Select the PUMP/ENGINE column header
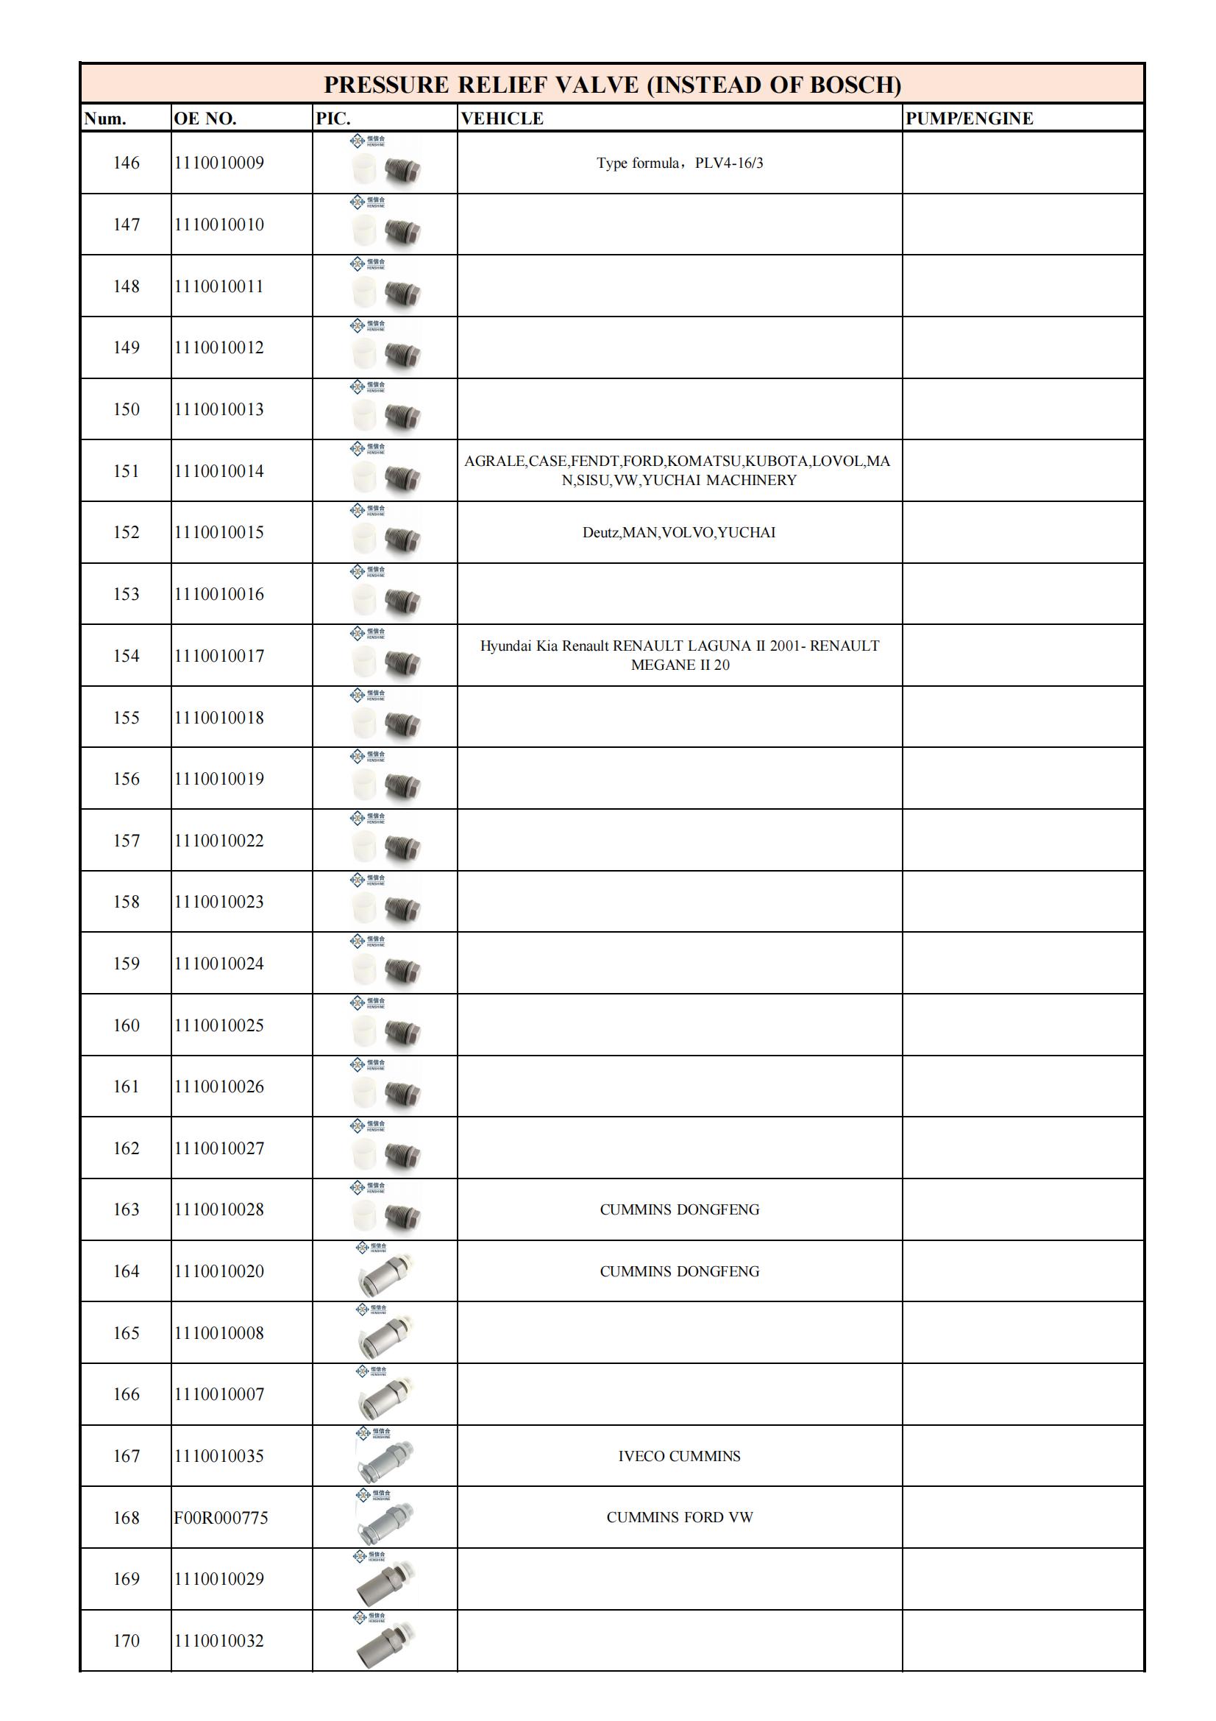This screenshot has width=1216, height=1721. click(969, 119)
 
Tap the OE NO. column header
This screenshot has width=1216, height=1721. click(205, 119)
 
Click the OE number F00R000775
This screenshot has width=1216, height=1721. click(221, 1518)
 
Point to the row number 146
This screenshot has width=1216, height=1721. click(126, 163)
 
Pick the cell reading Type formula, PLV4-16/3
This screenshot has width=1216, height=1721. click(680, 163)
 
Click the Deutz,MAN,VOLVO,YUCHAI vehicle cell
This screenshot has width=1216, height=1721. click(679, 533)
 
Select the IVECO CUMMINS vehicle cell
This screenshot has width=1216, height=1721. click(679, 1457)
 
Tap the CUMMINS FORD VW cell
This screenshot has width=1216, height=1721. click(680, 1518)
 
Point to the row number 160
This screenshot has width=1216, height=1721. click(126, 1025)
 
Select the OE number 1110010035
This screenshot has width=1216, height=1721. click(218, 1457)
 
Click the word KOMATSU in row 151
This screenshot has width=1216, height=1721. click(704, 462)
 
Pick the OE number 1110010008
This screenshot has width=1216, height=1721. click(218, 1334)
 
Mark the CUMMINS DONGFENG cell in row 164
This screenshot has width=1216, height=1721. click(680, 1272)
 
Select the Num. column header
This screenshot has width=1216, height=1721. click(105, 119)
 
